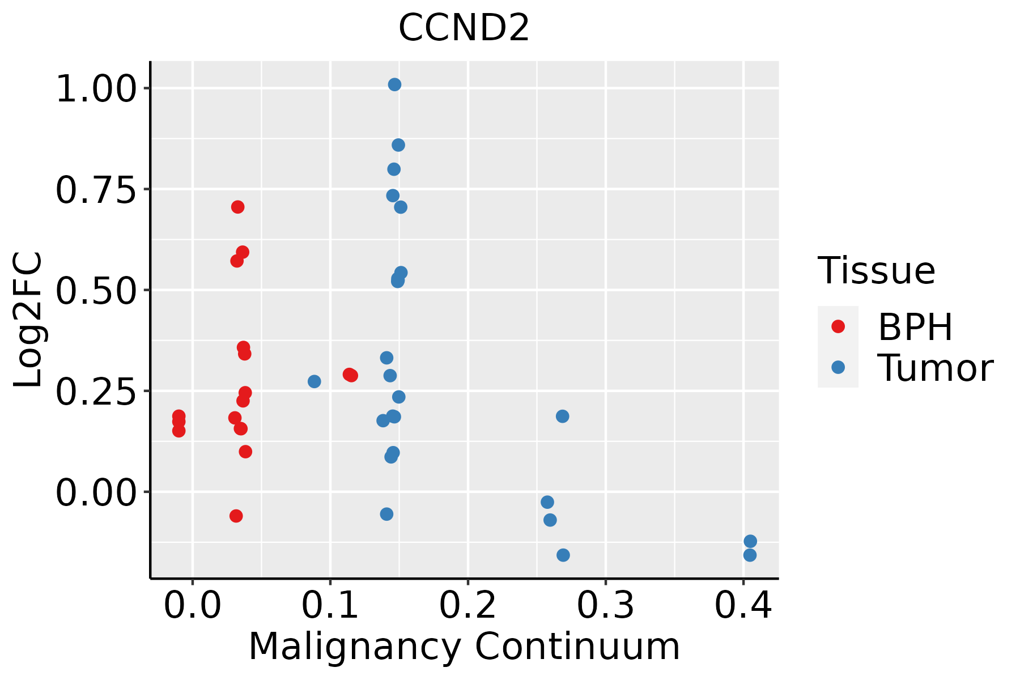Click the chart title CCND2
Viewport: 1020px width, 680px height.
pos(464,28)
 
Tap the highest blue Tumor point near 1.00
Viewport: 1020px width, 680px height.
pos(394,84)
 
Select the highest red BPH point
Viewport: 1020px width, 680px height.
pos(237,207)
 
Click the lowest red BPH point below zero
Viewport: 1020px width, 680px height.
pos(236,516)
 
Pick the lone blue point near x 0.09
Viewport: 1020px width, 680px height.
pos(314,381)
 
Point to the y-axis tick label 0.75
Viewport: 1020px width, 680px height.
pos(96,190)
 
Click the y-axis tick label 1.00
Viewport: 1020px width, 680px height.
pos(96,90)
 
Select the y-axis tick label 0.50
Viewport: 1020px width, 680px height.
pos(96,291)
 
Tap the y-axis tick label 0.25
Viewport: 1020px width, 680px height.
pos(96,392)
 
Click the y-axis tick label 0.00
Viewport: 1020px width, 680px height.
pos(96,493)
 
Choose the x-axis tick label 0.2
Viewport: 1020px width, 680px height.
pos(468,605)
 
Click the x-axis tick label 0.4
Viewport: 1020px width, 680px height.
pos(743,605)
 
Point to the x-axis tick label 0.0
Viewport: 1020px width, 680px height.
pos(193,605)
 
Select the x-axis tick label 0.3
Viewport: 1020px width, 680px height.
pos(605,605)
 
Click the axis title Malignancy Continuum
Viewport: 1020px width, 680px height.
pos(464,647)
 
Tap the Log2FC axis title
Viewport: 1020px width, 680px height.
pos(28,320)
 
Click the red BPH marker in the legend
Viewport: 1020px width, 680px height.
pos(838,326)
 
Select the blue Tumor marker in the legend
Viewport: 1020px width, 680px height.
pos(838,367)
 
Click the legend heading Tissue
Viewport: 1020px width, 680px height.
pos(876,271)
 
